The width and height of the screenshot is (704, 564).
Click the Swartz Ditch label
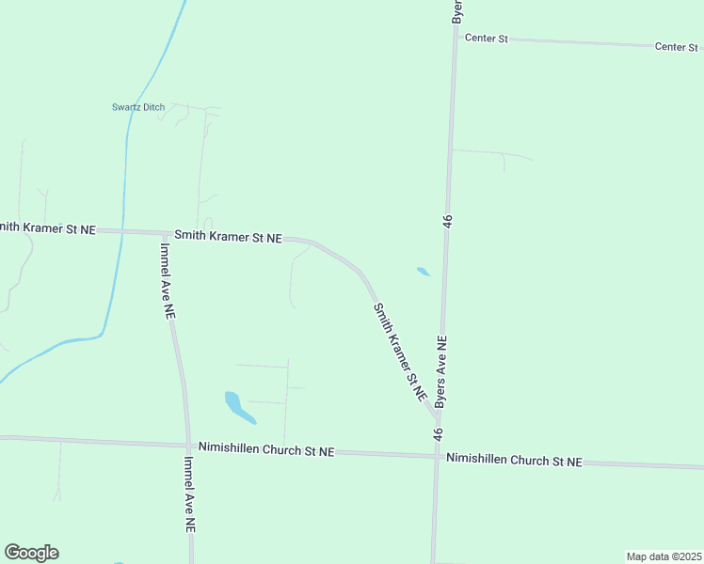[x=138, y=107]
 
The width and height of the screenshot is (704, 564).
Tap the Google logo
[x=31, y=553]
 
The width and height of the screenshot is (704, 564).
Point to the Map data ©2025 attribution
[x=664, y=556]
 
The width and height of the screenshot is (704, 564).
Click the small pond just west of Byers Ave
[x=424, y=273]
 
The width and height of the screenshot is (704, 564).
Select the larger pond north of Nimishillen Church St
[x=237, y=406]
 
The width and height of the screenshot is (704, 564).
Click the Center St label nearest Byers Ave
[x=486, y=39]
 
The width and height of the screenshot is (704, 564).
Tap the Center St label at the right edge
[x=678, y=46]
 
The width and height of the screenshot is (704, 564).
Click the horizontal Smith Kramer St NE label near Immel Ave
[x=228, y=238]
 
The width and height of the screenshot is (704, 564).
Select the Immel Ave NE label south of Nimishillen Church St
[x=190, y=493]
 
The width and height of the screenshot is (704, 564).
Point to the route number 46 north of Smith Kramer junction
[x=448, y=220]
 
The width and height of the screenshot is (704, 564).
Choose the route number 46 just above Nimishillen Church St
[x=438, y=434]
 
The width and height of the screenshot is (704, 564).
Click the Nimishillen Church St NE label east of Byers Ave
[x=514, y=460]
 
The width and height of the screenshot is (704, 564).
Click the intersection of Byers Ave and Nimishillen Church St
[x=437, y=456]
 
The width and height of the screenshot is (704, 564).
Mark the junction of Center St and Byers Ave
[x=456, y=38]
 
